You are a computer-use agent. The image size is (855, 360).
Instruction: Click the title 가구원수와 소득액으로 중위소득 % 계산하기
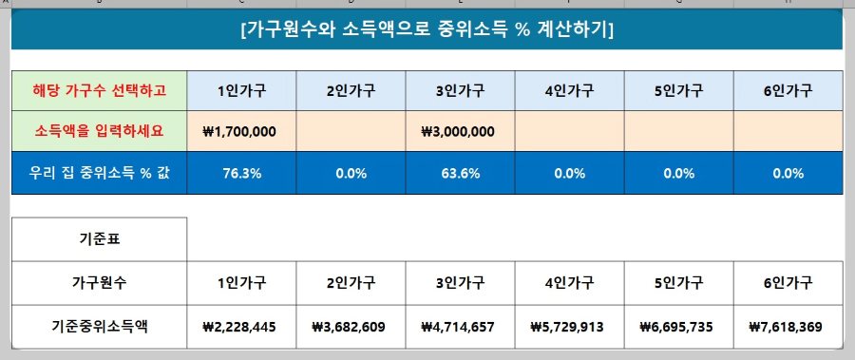(x=427, y=29)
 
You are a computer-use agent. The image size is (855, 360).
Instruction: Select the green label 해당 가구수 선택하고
(x=100, y=91)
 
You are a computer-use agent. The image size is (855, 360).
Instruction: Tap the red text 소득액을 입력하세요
(x=100, y=130)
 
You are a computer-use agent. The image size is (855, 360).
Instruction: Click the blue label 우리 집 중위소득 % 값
(x=100, y=174)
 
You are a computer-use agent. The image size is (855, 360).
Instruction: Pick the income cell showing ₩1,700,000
(x=241, y=131)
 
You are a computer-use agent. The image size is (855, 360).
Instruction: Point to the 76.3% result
(x=241, y=174)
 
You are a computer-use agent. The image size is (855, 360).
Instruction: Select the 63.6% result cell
(x=460, y=174)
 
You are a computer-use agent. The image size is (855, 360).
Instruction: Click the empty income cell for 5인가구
(x=678, y=131)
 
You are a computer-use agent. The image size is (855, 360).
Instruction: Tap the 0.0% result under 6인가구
(x=788, y=174)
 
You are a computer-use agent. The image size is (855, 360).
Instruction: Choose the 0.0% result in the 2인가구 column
(x=351, y=174)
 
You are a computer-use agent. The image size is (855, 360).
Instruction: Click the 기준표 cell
(x=100, y=239)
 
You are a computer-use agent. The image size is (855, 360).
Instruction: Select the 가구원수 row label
(x=100, y=282)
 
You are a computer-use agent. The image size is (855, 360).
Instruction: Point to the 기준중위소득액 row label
(x=100, y=327)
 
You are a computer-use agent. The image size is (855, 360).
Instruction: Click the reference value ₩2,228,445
(x=241, y=327)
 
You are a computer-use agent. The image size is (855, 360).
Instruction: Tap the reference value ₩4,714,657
(x=460, y=327)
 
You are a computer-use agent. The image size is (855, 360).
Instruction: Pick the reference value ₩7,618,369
(x=788, y=327)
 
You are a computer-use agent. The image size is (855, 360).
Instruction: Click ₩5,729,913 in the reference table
(x=569, y=327)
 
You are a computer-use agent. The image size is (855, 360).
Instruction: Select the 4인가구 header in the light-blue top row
(x=569, y=91)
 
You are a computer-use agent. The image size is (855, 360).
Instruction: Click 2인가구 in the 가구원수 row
(x=351, y=282)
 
